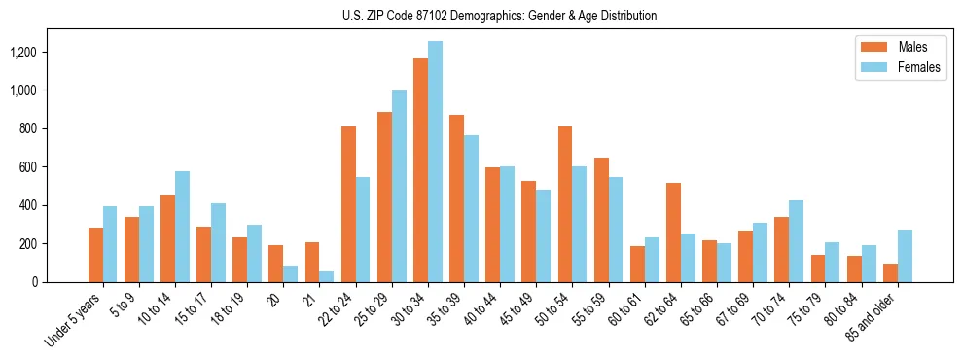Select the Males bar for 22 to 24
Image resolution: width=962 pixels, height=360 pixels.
(x=348, y=204)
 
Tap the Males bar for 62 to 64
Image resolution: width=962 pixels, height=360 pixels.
(x=673, y=233)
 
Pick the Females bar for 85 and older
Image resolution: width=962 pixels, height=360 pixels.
(x=905, y=256)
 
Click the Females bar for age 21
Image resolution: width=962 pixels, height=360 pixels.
(x=327, y=276)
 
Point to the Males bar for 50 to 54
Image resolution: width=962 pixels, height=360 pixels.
(x=565, y=204)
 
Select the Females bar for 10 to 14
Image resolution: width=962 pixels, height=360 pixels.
(x=182, y=227)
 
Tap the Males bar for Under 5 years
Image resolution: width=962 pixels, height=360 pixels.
(x=95, y=255)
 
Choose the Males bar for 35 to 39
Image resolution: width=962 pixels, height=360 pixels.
(x=457, y=198)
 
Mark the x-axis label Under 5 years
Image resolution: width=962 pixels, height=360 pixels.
(x=75, y=315)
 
